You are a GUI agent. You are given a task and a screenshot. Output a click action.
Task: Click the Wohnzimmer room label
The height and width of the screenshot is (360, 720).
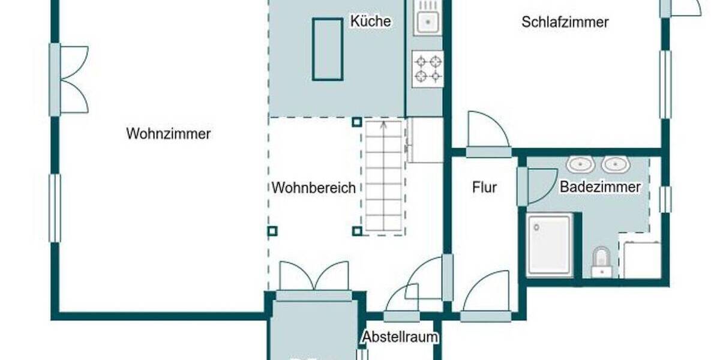(168, 133)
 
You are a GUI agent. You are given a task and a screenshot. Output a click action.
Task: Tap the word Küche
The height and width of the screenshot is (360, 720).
(370, 21)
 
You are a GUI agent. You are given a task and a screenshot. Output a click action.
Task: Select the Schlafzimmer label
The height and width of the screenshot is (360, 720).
(565, 22)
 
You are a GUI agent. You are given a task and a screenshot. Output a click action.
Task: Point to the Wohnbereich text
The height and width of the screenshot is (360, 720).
(313, 187)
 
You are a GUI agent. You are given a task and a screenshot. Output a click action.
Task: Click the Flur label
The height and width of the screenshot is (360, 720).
(484, 187)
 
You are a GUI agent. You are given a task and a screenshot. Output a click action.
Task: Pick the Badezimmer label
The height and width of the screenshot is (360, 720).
(600, 187)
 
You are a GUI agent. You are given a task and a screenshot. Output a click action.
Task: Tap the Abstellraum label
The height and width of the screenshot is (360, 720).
(400, 337)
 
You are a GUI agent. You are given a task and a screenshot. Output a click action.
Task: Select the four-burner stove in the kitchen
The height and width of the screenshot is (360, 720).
(428, 68)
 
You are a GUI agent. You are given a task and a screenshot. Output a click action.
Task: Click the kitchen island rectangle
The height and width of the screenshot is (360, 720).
(328, 49)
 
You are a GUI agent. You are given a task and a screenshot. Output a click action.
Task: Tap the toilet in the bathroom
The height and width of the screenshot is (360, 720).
(601, 262)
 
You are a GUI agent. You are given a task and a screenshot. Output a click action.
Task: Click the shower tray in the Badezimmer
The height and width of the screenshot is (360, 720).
(549, 244)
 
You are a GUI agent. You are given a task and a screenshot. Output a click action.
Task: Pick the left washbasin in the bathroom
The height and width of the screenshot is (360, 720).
(580, 164)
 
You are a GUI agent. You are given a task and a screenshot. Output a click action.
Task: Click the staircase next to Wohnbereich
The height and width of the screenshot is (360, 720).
(383, 178)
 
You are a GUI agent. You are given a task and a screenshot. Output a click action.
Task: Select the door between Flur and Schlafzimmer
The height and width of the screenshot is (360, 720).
(488, 135)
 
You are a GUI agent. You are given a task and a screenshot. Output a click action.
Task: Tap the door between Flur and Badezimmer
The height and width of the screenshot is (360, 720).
(537, 185)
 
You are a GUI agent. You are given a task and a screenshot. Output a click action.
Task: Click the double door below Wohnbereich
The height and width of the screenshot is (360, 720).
(314, 280)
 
